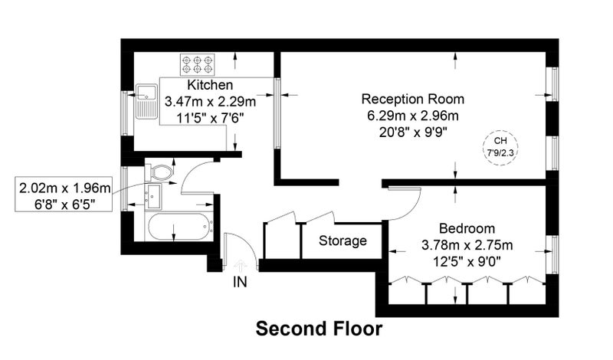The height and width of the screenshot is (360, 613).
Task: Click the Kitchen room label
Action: click(x=210, y=85)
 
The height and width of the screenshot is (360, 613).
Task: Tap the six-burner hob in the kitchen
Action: click(x=198, y=64)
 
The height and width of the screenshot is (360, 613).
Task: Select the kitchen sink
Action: click(x=146, y=101)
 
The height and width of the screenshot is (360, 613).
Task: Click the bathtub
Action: click(x=179, y=227)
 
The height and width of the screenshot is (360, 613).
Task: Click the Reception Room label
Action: click(x=413, y=99)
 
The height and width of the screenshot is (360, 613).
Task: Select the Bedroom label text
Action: click(x=467, y=228)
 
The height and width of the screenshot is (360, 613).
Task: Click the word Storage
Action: click(x=343, y=241)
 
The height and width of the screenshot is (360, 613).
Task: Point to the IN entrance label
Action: click(x=240, y=282)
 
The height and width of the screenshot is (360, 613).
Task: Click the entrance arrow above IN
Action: click(x=240, y=266)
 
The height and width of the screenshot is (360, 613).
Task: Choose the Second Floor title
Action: click(x=319, y=329)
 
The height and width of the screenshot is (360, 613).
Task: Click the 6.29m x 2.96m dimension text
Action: click(x=413, y=116)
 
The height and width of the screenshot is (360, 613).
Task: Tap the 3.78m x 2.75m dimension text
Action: click(x=467, y=245)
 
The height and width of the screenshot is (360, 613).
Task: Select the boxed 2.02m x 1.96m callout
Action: click(x=64, y=195)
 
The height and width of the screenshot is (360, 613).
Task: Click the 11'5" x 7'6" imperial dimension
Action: click(x=210, y=118)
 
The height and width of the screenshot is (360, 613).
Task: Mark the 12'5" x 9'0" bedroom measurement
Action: click(x=467, y=261)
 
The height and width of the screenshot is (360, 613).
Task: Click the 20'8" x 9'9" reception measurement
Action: click(x=413, y=133)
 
